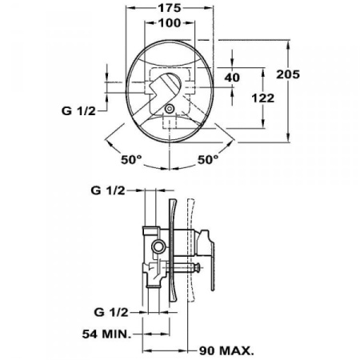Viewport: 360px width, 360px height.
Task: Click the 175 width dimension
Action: click(169, 8)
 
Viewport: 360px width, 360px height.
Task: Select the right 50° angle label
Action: click(207, 159)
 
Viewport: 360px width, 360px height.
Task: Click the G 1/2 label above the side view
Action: click(107, 190)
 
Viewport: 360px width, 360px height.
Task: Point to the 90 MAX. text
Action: click(226, 350)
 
